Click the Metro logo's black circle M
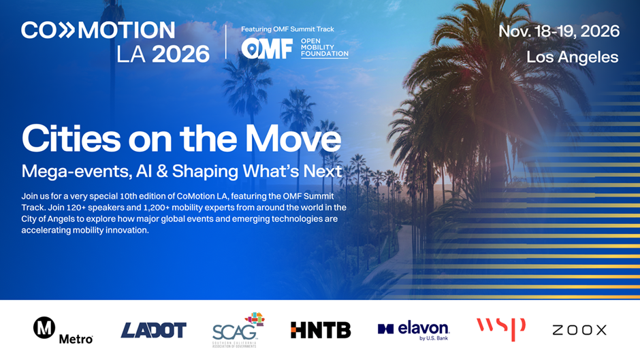click(x=44, y=327)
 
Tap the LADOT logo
click(x=153, y=330)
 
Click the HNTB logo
click(x=321, y=330)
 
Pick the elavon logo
click(x=413, y=330)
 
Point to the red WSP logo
click(x=501, y=328)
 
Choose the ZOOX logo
click(x=579, y=330)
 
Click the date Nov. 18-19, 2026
click(x=559, y=31)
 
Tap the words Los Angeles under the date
click(x=572, y=57)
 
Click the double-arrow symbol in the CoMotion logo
click(x=66, y=31)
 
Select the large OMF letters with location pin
click(x=267, y=48)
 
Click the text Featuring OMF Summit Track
click(x=287, y=29)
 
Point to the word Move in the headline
click(x=293, y=139)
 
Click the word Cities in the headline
click(x=71, y=139)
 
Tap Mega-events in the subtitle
click(x=76, y=171)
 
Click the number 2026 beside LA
click(x=180, y=54)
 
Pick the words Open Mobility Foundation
click(x=325, y=48)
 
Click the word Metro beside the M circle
click(x=76, y=339)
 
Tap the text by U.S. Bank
click(x=434, y=338)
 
